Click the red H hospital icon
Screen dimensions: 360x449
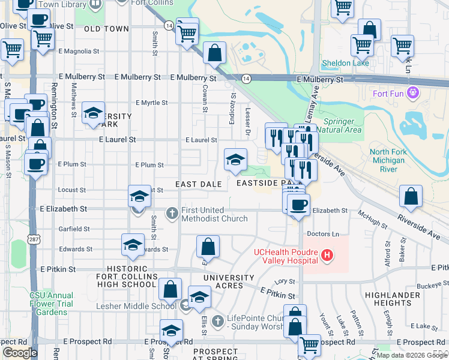327,256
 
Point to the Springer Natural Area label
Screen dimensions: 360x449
339,125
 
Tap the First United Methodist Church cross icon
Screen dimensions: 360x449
172,213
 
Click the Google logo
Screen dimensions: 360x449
20,352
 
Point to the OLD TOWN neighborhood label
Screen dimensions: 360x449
106,29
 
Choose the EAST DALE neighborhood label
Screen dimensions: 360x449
199,184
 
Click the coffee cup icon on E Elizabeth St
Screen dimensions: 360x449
297,205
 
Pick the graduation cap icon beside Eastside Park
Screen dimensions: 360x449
235,159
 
